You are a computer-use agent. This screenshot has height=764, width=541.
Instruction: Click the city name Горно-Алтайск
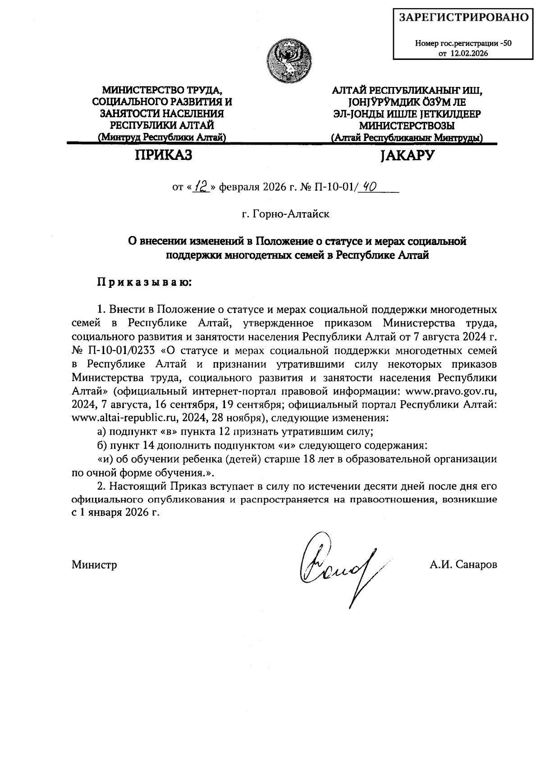[285, 214]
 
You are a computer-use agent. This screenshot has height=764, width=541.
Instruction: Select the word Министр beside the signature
[94, 564]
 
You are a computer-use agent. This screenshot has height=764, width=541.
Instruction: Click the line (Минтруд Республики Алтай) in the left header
[161, 137]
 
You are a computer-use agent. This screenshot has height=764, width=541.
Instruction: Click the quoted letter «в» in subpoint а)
[168, 431]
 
